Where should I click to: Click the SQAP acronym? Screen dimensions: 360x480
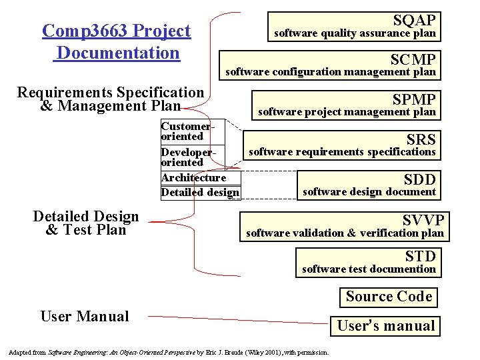pos(414,20)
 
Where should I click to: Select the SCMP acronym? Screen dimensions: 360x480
pos(413,59)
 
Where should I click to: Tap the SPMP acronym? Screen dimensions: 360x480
pos(413,99)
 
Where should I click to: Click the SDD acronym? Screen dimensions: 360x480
pos(419,179)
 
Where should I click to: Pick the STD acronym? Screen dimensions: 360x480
pos(420,256)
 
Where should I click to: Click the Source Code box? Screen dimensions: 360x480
pos(389,297)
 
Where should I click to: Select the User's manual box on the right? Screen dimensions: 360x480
pos(385,326)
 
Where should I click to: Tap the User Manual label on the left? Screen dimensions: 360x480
pos(85,316)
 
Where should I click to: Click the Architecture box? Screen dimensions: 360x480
pos(193,177)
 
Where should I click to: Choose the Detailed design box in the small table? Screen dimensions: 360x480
pos(199,193)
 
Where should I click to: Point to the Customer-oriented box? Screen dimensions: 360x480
pos(186,131)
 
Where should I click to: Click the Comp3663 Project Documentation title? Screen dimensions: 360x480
pos(116,41)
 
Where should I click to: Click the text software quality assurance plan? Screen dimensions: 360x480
pos(355,33)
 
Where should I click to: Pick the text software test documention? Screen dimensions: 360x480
pos(369,269)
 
